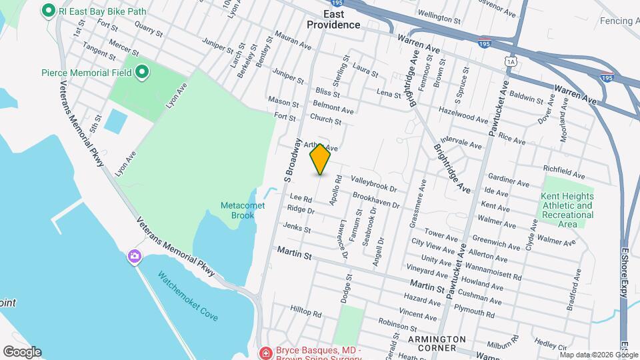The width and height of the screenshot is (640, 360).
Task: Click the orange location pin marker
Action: tap(321, 159)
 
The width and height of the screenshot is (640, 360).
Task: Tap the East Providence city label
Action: tap(333, 19)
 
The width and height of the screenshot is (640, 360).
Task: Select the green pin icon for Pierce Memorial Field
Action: tap(141, 72)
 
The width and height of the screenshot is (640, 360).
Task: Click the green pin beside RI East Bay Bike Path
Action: tap(48, 11)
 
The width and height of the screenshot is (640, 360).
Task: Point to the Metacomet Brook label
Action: tap(243, 211)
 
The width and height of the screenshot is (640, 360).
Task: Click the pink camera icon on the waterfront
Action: tap(135, 256)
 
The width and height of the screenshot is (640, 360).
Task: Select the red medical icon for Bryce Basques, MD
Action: tap(265, 351)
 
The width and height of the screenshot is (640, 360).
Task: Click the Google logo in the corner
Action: tap(22, 352)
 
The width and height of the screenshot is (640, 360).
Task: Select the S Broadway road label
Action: tap(292, 160)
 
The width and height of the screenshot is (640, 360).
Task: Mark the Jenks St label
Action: tap(297, 228)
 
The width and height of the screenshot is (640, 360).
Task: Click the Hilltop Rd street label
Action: tap(306, 311)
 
